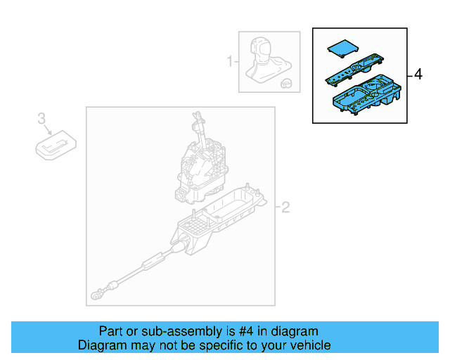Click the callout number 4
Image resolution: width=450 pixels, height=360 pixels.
click(x=418, y=75)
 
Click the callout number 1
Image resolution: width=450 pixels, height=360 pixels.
click(x=229, y=63)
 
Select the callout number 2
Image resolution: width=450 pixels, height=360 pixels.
click(x=285, y=207)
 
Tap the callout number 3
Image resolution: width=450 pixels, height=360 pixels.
click(x=41, y=117)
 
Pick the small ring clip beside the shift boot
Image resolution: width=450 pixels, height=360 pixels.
click(x=286, y=83)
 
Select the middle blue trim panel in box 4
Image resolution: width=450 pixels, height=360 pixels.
click(x=353, y=71)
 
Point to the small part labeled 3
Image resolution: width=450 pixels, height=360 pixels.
click(x=56, y=144)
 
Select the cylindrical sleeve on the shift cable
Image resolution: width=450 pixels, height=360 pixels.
click(x=153, y=264)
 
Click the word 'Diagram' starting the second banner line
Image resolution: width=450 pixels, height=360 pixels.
click(x=101, y=345)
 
